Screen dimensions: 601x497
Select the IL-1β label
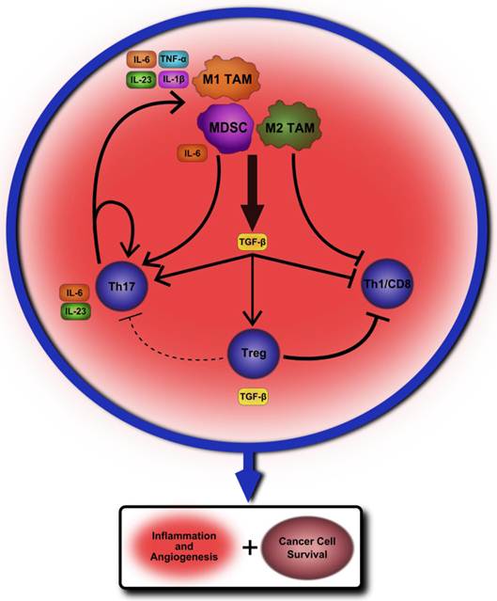coord(175,80)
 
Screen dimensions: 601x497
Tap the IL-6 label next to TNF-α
coord(141,59)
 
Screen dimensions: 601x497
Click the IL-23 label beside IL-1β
coord(141,80)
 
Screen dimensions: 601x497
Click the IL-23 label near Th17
coord(74,310)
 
